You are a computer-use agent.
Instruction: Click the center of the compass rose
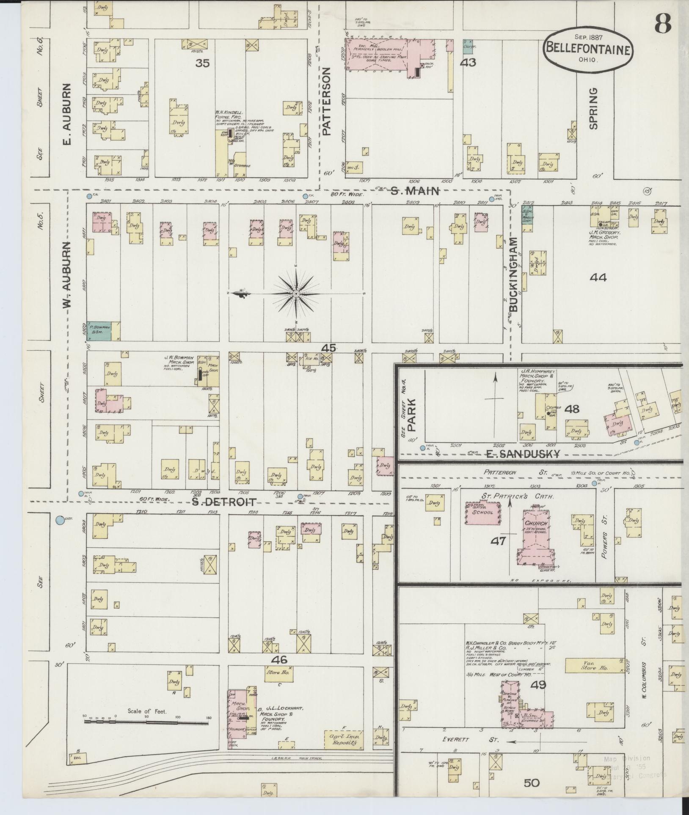pyautogui.click(x=296, y=294)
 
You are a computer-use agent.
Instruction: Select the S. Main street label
pyautogui.click(x=415, y=191)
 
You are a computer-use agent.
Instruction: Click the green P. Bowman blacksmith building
pyautogui.click(x=99, y=330)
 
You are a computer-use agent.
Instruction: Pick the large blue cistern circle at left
pyautogui.click(x=61, y=520)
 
